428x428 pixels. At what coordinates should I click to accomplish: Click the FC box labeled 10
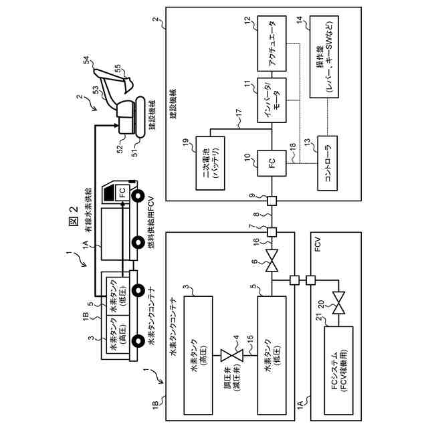[x=272, y=163]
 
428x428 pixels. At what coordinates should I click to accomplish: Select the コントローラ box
[x=327, y=163]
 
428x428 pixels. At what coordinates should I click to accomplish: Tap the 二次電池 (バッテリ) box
[x=210, y=163]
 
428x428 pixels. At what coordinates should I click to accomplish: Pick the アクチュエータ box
[x=272, y=43]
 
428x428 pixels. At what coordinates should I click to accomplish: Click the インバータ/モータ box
[x=272, y=100]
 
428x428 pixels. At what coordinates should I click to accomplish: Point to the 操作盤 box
[x=324, y=57]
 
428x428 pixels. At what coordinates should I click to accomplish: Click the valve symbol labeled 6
[x=272, y=261]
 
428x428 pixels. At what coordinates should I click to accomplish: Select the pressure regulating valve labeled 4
[x=231, y=355]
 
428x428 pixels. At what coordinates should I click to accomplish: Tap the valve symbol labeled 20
[x=338, y=303]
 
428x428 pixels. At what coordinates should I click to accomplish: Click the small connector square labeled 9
[x=272, y=201]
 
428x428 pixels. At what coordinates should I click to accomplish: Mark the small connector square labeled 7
[x=272, y=232]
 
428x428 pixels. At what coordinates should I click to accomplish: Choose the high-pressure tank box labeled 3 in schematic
[x=199, y=354]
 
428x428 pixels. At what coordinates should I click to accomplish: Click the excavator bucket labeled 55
[x=128, y=84]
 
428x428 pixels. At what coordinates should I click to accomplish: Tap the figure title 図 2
[x=73, y=216]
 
